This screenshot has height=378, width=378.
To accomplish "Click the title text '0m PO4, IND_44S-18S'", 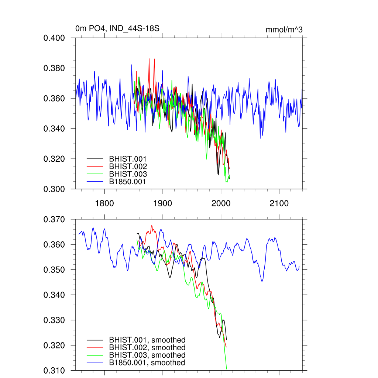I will click(117, 29).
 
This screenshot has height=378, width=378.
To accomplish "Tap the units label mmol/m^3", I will click(284, 30).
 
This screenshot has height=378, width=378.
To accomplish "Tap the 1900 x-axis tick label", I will click(163, 203).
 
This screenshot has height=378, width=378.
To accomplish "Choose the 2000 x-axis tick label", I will click(221, 203).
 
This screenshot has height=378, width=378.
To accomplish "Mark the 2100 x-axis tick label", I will click(279, 203).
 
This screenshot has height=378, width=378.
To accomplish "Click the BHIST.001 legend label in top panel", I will click(128, 159).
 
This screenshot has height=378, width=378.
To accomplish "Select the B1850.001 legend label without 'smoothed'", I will click(128, 182).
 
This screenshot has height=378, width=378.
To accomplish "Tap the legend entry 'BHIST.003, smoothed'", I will click(147, 355).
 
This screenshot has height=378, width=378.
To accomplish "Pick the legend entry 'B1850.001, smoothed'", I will click(147, 363).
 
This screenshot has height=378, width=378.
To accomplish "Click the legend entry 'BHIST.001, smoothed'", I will click(147, 340).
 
